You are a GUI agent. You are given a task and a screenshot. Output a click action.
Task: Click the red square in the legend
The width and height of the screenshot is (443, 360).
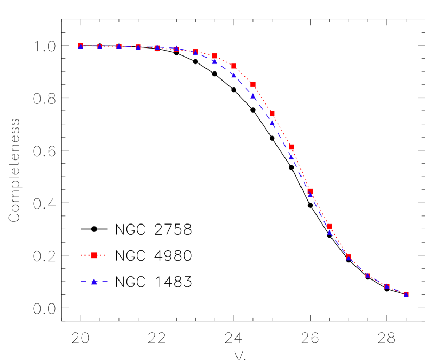coord(94,255)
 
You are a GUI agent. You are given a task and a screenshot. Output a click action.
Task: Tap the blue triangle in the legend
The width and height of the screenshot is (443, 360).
coord(94,282)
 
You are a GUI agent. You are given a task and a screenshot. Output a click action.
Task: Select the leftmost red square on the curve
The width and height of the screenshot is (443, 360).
coord(81,45)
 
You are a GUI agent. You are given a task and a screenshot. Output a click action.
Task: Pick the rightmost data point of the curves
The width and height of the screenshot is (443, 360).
coord(406,294)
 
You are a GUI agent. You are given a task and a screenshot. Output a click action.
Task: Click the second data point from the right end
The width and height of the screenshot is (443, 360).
coord(387,286)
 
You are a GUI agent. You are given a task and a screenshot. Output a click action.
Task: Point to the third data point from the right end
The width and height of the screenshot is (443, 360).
coord(368,275)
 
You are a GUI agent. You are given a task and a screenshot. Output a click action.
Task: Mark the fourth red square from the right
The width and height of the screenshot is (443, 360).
coord(349,257)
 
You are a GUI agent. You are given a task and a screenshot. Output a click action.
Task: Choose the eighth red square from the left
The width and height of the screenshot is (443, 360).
coord(215,55)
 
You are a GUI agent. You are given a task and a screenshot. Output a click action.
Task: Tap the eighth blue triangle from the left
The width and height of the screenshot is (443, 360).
coord(215,62)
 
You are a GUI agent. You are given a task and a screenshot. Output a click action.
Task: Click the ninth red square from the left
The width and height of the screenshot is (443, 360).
coord(234,66)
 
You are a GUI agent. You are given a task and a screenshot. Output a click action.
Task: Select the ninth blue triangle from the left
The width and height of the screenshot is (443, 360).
coord(234,75)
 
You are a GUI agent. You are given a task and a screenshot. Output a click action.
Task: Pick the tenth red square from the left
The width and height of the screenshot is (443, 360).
coord(253,84)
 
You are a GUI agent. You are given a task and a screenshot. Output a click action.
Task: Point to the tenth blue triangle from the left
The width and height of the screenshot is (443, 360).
coord(253,96)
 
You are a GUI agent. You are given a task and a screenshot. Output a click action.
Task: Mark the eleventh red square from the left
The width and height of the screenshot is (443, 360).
coord(272,113)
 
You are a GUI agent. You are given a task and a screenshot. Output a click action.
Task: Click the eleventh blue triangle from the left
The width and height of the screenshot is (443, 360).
coord(272,123)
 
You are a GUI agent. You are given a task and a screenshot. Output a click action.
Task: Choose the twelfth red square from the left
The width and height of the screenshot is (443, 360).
coord(291,146)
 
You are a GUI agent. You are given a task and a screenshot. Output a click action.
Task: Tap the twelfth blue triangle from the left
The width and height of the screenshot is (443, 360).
coord(291,157)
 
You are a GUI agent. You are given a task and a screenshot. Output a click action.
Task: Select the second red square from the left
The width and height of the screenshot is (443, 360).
coord(100,46)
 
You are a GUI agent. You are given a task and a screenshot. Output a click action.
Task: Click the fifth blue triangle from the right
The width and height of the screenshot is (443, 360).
coord(329,232)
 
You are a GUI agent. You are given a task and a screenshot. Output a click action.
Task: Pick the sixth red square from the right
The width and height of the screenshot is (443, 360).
coord(310,191)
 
